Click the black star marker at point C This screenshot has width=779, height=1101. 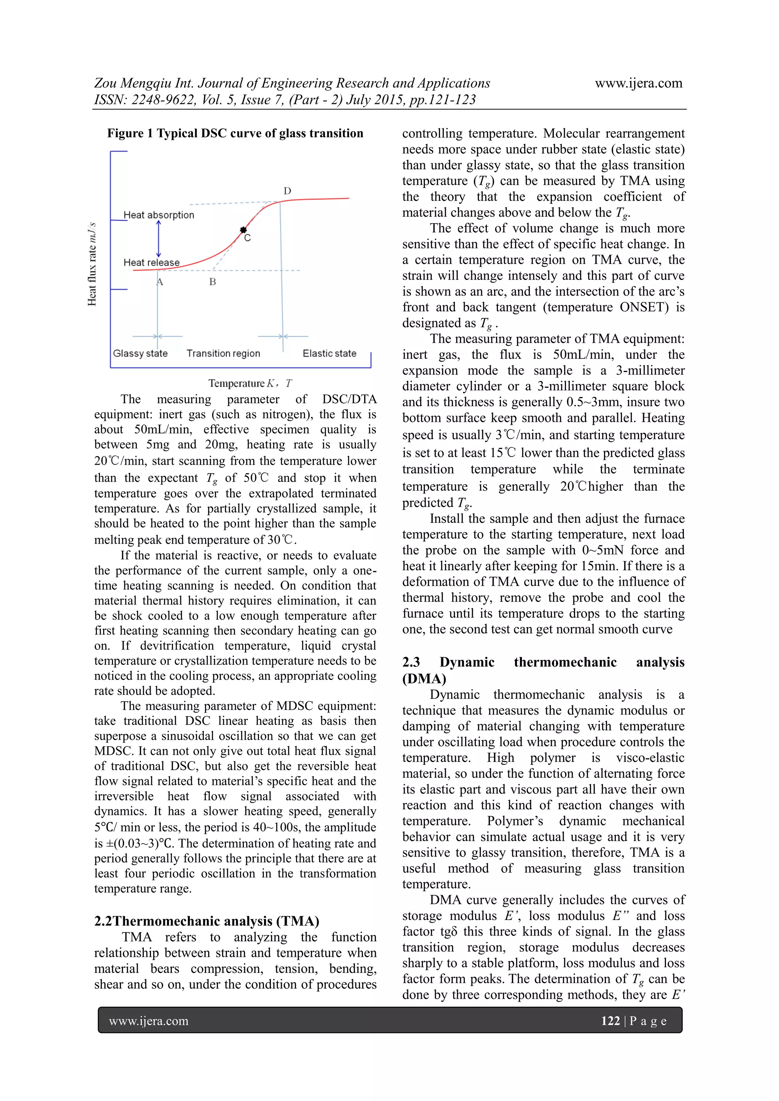coord(243,230)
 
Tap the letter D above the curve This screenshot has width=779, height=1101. coord(287,191)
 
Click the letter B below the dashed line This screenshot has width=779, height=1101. coord(213,282)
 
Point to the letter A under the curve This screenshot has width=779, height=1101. coord(160,282)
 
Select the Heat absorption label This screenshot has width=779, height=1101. coord(159,215)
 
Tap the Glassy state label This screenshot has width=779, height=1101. coord(140,353)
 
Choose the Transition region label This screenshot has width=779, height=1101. coord(223,353)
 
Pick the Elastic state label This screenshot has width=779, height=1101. coord(329,353)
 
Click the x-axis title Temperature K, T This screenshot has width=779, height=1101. coord(250,383)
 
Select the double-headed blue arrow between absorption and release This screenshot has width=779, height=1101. coord(159,239)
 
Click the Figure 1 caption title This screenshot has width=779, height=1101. coord(235,133)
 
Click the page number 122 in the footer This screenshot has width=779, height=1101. coord(610,1020)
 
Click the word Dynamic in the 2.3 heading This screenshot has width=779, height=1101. coord(467,662)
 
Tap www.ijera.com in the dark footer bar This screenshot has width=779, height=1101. coord(149,1020)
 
